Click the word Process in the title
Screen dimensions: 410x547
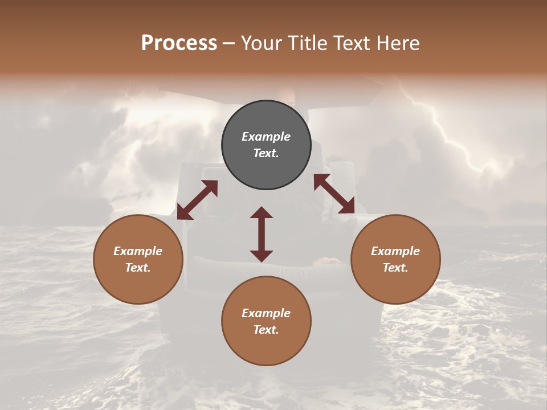[x=179, y=43]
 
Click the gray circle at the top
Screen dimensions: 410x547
[x=266, y=145]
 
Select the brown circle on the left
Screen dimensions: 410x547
[x=138, y=259]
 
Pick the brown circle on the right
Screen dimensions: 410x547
[x=395, y=259]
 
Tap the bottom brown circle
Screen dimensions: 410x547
[x=266, y=321]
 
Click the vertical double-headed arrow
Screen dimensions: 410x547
[x=262, y=234]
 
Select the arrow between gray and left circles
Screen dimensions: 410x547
[x=197, y=200]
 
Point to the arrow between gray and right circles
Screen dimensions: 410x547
[x=334, y=194]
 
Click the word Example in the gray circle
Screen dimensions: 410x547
[x=266, y=137]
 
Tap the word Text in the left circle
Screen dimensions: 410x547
[x=138, y=268]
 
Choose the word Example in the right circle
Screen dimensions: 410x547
[x=395, y=251]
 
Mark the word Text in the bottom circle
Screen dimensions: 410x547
[x=266, y=330]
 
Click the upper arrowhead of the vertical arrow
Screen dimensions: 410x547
[x=262, y=213]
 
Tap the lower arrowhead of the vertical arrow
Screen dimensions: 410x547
[x=262, y=256]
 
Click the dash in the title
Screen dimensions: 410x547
[x=229, y=43]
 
